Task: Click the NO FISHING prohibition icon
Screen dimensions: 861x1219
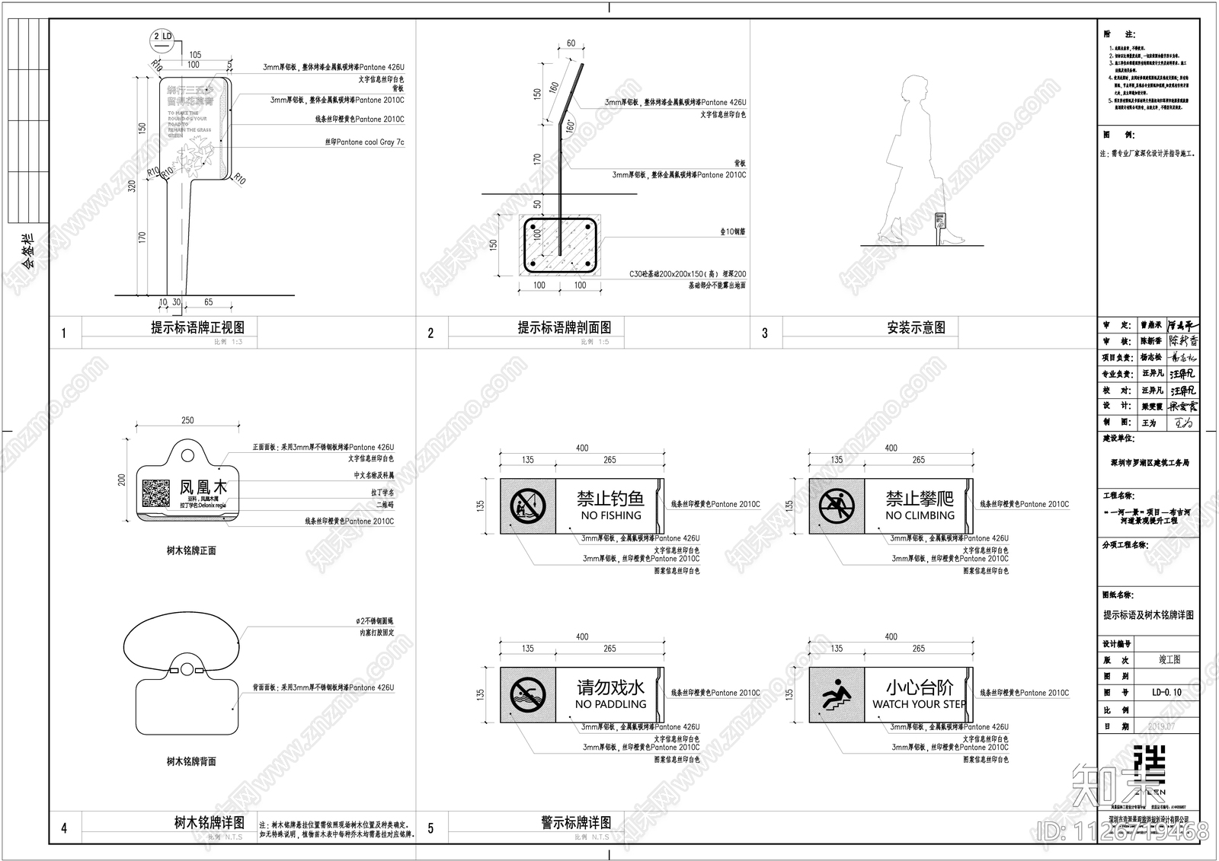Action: click(527, 505)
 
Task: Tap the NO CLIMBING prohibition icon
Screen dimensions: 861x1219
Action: click(837, 505)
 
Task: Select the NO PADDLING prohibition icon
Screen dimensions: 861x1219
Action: click(527, 694)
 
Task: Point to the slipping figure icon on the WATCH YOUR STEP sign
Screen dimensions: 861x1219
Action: click(837, 694)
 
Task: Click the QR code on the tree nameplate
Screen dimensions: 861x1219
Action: click(156, 493)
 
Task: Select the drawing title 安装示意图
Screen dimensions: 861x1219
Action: click(916, 327)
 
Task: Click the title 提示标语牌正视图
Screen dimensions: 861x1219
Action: click(197, 327)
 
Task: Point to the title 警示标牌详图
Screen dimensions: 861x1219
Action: click(576, 822)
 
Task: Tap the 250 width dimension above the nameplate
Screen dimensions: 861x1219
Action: click(187, 420)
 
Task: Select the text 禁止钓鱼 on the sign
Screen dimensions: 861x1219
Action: click(610, 499)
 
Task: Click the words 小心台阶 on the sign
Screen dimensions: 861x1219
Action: click(920, 687)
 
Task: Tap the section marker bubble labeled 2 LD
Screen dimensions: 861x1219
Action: click(163, 37)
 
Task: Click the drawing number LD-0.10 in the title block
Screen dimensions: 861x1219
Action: click(1166, 692)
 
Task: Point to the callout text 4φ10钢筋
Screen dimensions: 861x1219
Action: click(732, 231)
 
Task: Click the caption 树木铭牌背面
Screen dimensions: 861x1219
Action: click(191, 761)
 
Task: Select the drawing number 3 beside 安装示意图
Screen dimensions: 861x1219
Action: click(765, 333)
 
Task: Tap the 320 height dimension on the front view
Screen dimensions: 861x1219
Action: click(131, 186)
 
